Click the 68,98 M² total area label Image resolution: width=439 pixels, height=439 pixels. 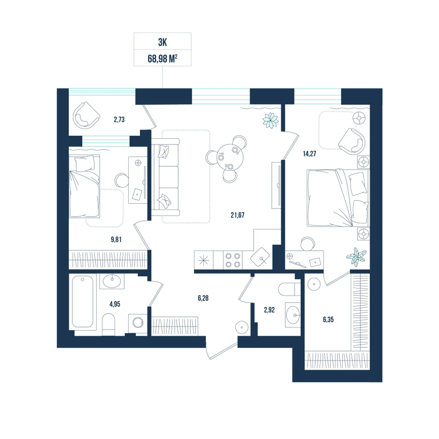tap(162, 59)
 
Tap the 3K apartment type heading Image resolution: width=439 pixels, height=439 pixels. tap(162, 42)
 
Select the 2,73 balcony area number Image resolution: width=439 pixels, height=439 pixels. tap(119, 119)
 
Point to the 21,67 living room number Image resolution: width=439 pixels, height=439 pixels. tap(237, 215)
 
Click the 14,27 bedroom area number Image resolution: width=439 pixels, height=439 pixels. tap(309, 153)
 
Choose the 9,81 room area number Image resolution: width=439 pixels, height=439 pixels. tap(116, 239)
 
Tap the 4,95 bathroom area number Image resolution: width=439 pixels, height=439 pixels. tap(115, 304)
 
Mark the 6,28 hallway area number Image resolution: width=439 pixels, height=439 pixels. tap(203, 298)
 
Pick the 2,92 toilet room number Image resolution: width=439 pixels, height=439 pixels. tap(269, 310)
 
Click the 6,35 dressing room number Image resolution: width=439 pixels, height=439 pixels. tap(328, 320)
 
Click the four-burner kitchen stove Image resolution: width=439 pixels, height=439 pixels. tap(233, 260)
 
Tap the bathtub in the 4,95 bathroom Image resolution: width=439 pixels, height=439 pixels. tap(83, 301)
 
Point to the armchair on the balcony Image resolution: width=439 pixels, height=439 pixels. tap(86, 115)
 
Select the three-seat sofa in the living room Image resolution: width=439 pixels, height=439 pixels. tap(166, 177)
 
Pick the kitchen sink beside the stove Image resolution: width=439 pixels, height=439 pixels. tap(260, 257)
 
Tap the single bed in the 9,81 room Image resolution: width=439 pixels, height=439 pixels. tap(84, 186)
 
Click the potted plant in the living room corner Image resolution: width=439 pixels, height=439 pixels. tap(271, 120)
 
